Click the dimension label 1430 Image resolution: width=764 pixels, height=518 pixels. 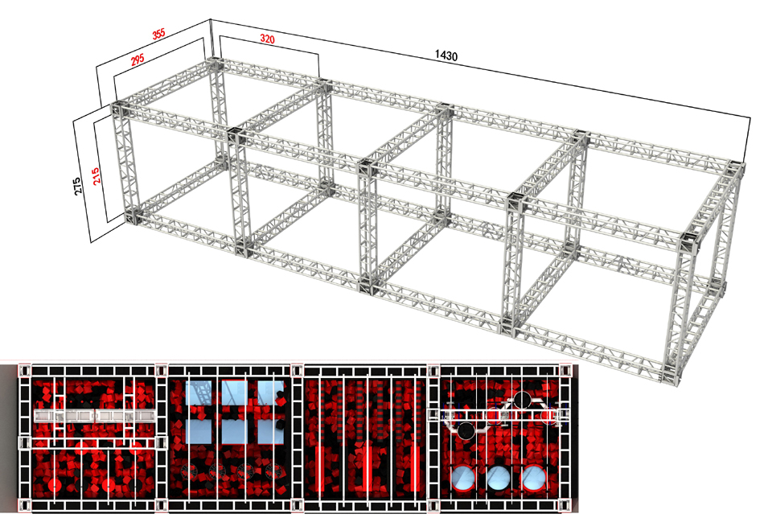tap(446, 55)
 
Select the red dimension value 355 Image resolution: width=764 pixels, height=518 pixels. tap(159, 34)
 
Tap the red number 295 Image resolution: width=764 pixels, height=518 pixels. tap(138, 60)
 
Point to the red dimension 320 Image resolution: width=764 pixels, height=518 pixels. tap(267, 39)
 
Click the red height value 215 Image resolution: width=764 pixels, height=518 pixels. tap(97, 176)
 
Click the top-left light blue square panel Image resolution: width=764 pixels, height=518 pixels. tap(199, 393)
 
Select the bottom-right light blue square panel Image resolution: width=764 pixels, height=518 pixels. tap(271, 432)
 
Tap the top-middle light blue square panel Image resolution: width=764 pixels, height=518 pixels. tap(235, 393)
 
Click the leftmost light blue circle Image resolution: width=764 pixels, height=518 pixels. tap(463, 479)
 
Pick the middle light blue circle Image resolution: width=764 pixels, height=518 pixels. tap(499, 479)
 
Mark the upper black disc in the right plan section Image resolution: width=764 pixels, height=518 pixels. tap(522, 400)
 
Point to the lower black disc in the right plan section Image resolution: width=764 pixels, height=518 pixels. tap(466, 431)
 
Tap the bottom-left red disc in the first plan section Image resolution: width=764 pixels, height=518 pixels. tap(55, 485)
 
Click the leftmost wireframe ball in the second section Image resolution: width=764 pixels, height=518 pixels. tap(188, 471)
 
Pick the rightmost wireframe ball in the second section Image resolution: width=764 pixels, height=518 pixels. tap(277, 471)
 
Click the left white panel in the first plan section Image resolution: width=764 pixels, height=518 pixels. tap(64, 416)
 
